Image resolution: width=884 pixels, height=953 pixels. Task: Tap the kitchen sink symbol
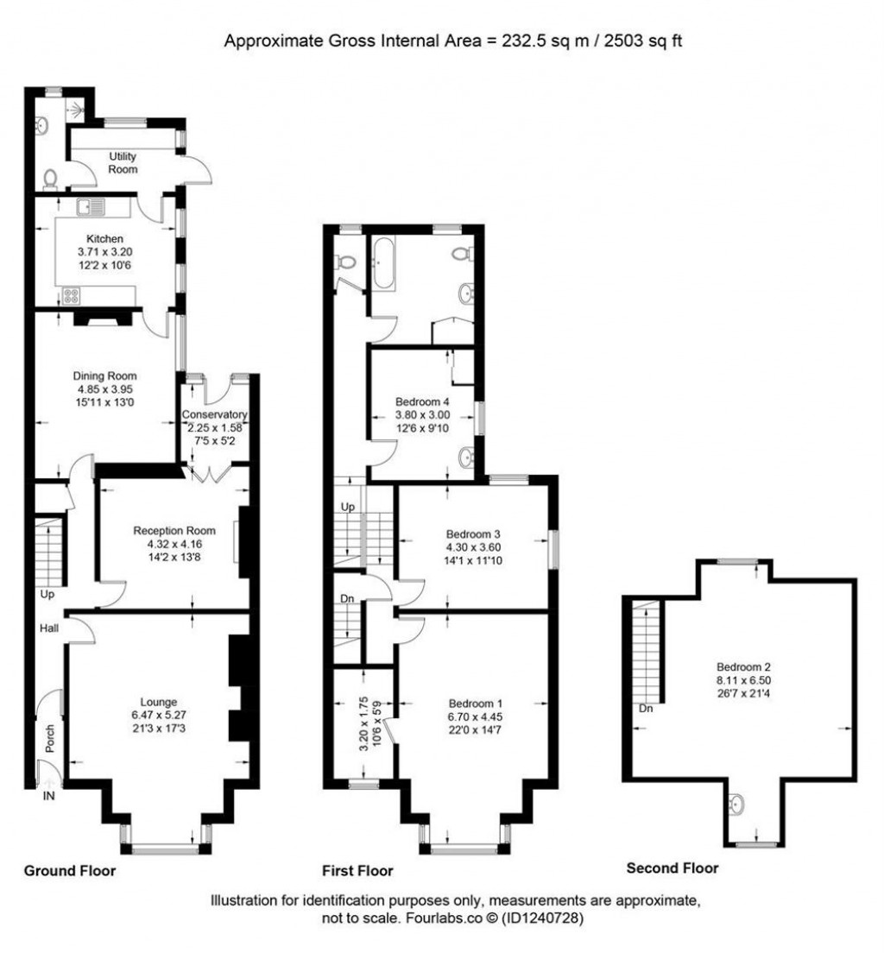tap(90, 207)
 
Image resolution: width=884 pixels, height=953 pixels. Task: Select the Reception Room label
tap(174, 530)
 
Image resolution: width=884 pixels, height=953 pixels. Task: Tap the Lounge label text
tap(160, 701)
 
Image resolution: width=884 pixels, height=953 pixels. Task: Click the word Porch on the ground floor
tap(49, 739)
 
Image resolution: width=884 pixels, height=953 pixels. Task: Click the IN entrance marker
tap(48, 797)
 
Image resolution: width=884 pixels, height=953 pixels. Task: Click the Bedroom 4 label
tap(422, 401)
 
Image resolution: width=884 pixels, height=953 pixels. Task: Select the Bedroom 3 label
tap(471, 533)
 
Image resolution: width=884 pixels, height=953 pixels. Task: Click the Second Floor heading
tap(672, 868)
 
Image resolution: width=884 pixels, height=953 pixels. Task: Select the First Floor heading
tap(357, 870)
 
